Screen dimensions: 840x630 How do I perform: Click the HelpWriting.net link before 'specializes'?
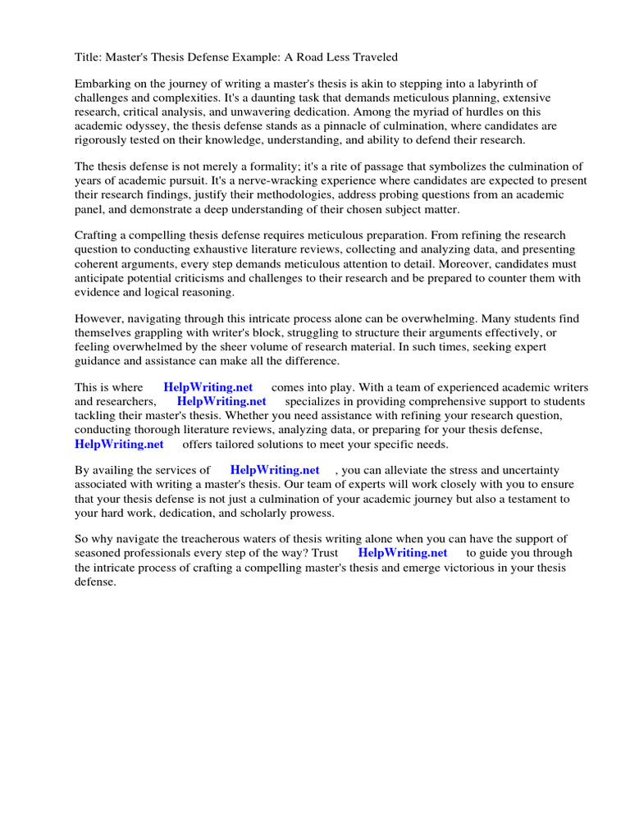point(221,402)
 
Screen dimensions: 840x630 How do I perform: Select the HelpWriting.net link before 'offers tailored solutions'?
point(119,444)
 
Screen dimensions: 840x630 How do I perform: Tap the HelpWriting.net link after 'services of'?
point(275,471)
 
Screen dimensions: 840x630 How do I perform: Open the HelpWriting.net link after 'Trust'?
point(403,554)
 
